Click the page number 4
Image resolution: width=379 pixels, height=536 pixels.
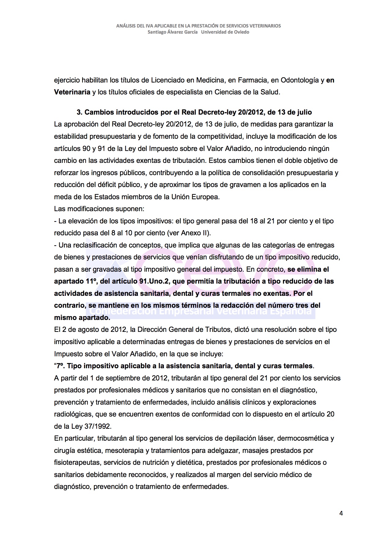pyautogui.click(x=341, y=513)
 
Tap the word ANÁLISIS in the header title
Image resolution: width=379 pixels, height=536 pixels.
pyautogui.click(x=126, y=26)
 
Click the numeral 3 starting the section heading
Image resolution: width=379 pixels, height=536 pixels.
pyautogui.click(x=79, y=112)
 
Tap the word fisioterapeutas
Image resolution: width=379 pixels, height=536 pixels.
pyautogui.click(x=78, y=463)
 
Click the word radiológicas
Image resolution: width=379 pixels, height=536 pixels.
pyautogui.click(x=73, y=414)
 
